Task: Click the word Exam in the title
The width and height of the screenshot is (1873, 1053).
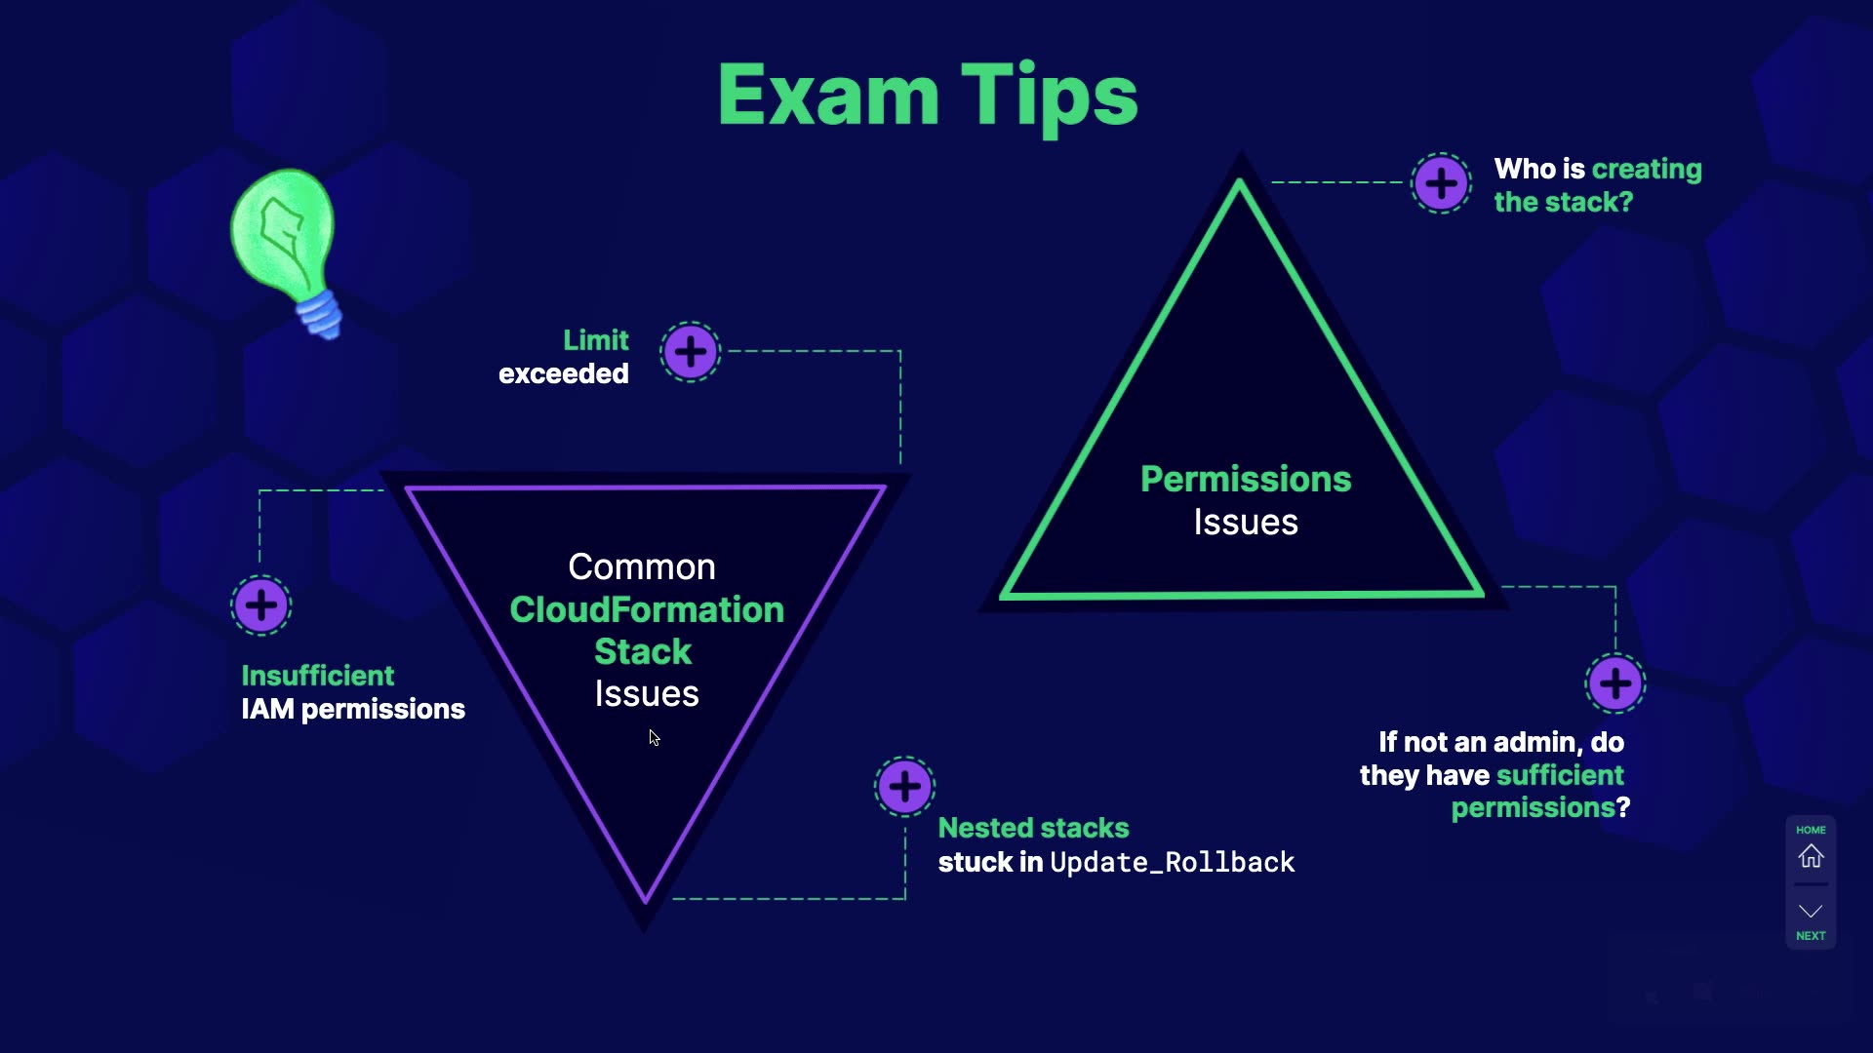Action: tap(827, 96)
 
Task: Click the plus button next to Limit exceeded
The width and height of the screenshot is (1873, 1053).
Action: tap(691, 352)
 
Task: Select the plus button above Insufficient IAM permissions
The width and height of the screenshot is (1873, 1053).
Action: tap(261, 605)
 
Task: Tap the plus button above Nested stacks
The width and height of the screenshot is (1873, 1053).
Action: tap(904, 787)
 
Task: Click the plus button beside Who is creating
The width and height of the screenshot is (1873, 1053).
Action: tap(1441, 183)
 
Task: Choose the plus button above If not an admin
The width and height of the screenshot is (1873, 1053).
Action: tap(1615, 683)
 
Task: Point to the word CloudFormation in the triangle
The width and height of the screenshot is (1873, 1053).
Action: tap(647, 609)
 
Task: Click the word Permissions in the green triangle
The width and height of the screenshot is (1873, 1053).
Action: tap(1246, 479)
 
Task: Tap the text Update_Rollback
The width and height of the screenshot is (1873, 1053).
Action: tap(1172, 862)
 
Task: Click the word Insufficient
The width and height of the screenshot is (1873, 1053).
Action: tap(317, 676)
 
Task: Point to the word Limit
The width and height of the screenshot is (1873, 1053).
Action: tap(595, 340)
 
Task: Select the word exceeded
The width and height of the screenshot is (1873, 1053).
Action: tap(563, 373)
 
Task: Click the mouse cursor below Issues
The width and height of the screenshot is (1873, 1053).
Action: tap(654, 738)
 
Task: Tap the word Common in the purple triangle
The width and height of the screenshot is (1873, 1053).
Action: tap(642, 566)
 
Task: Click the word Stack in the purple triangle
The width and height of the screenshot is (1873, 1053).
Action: tap(643, 651)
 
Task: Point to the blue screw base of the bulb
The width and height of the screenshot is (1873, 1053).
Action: tap(320, 314)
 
